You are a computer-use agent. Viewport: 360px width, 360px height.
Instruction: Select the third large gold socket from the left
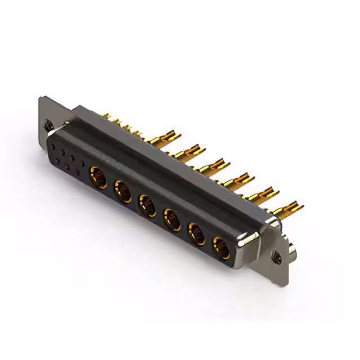pyautogui.click(x=147, y=204)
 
